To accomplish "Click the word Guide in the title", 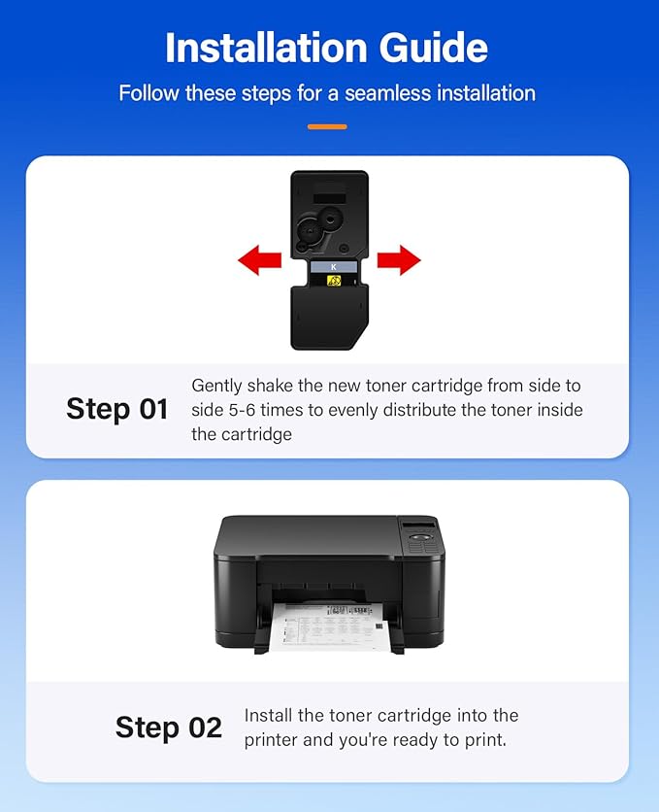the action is tap(434, 48).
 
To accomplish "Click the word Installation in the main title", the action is tap(266, 48).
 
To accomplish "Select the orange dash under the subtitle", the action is tap(327, 126).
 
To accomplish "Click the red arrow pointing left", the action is tap(260, 260).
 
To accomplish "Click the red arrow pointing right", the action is tap(399, 260).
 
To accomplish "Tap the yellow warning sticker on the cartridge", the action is tap(334, 282).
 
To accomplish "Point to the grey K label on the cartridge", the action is tap(334, 267).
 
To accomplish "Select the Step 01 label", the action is tap(117, 409).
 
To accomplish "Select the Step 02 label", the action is tap(169, 727).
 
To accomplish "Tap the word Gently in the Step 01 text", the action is tap(216, 387).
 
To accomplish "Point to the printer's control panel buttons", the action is tap(423, 543).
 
